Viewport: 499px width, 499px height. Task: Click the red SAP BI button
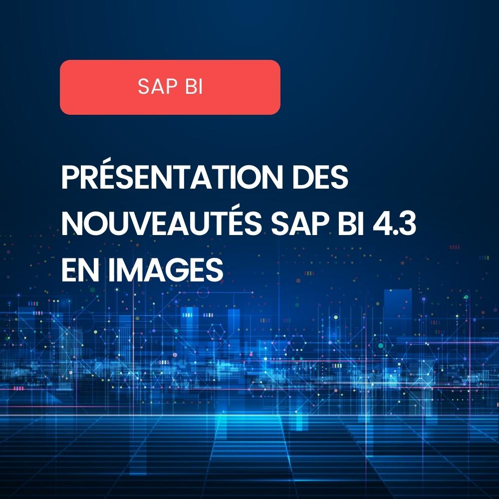pyautogui.click(x=170, y=87)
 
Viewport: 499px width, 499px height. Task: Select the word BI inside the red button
pyautogui.click(x=193, y=87)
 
